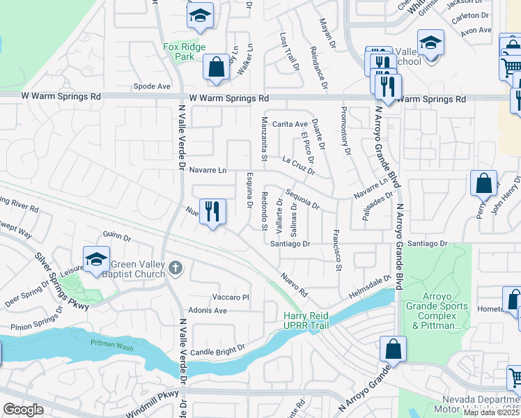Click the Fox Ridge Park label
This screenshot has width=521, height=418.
[x=180, y=52]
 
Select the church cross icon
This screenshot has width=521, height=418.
[x=175, y=267]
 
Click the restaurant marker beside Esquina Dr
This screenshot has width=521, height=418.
[x=212, y=211]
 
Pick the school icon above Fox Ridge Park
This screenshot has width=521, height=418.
[x=200, y=16]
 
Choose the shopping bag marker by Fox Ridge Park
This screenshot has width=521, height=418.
[x=216, y=68]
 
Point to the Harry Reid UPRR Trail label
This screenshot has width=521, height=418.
[x=306, y=320]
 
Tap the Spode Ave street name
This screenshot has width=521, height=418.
[x=152, y=86]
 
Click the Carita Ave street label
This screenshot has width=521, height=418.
[x=290, y=124]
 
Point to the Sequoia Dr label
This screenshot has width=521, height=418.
[x=302, y=201]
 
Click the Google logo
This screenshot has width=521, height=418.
[x=23, y=410]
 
